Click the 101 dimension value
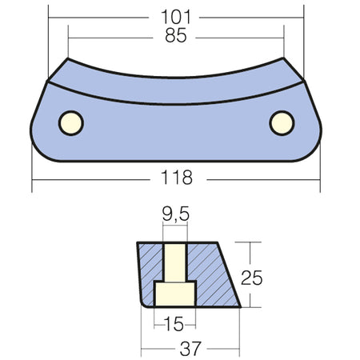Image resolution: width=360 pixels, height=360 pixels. pos(176,17)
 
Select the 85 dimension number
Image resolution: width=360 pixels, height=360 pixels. pos(176,35)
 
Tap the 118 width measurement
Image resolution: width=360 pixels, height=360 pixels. pos(177,178)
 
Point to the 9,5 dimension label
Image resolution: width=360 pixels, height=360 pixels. pos(176,214)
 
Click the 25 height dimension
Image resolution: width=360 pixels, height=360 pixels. pos(252,278)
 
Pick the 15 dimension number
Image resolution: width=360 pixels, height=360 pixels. pos(174,324)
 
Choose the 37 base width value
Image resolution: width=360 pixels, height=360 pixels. pos(190,349)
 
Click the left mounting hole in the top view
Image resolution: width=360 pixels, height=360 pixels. pos(71,123)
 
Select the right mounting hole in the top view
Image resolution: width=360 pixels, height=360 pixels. pos(282,123)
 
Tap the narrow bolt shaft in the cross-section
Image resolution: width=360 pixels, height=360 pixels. pos(175,262)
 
